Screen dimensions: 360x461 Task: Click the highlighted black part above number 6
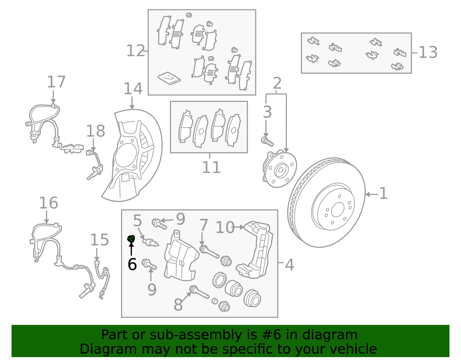pos(131,239)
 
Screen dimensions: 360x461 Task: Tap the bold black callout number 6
pos(132,264)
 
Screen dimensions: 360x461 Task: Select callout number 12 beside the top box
pos(135,51)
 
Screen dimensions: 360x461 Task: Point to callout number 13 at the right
pos(428,53)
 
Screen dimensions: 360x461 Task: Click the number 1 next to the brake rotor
pos(383,193)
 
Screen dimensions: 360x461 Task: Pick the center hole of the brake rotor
pos(337,210)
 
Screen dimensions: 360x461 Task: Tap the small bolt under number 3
pos(267,141)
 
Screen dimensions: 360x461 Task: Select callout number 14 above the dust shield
pos(133,89)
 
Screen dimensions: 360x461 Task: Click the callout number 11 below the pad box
pos(211,167)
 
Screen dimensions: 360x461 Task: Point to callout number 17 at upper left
pos(56,82)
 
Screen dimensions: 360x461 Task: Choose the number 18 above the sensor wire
pos(95,131)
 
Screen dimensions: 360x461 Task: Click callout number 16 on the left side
pos(48,203)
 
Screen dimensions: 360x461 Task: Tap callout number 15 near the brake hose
pos(99,240)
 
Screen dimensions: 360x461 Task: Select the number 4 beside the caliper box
pos(289,265)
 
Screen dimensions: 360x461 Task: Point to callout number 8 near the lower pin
pos(178,305)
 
